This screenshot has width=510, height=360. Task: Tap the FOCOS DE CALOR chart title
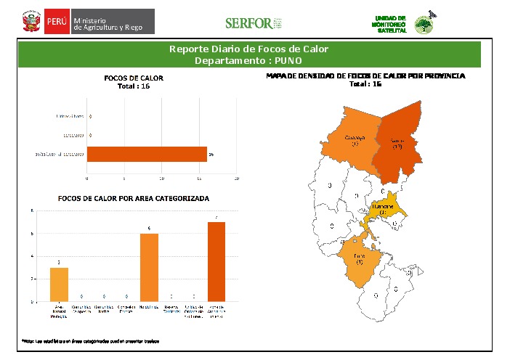coord(134,78)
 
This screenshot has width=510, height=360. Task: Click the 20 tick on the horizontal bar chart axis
coord(237,178)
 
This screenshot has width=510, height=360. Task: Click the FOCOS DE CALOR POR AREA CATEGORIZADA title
coord(133,198)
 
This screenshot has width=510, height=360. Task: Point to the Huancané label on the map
coord(383,208)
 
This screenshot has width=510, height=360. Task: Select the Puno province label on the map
coord(360,258)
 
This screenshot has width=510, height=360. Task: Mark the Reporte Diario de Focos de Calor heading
coord(248,49)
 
